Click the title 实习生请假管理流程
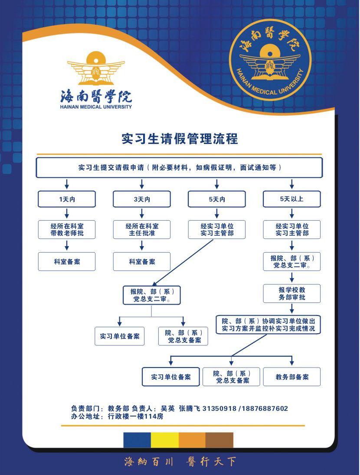click(x=180, y=139)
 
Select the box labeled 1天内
click(x=67, y=199)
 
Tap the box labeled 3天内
click(x=142, y=199)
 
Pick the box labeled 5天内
click(x=217, y=199)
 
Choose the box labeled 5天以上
click(x=292, y=199)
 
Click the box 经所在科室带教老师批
click(x=67, y=230)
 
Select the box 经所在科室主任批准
click(x=142, y=230)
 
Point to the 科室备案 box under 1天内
click(x=67, y=261)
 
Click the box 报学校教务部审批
click(x=292, y=293)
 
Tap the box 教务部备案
click(x=292, y=377)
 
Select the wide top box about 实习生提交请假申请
click(x=179, y=168)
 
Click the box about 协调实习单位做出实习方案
click(x=268, y=325)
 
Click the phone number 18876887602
click(x=265, y=408)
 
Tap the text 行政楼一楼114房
click(x=136, y=416)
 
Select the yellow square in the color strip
click(x=165, y=440)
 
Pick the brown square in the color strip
click(x=219, y=440)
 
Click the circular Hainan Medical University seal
click(x=270, y=59)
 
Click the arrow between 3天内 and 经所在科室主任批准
click(x=142, y=213)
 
